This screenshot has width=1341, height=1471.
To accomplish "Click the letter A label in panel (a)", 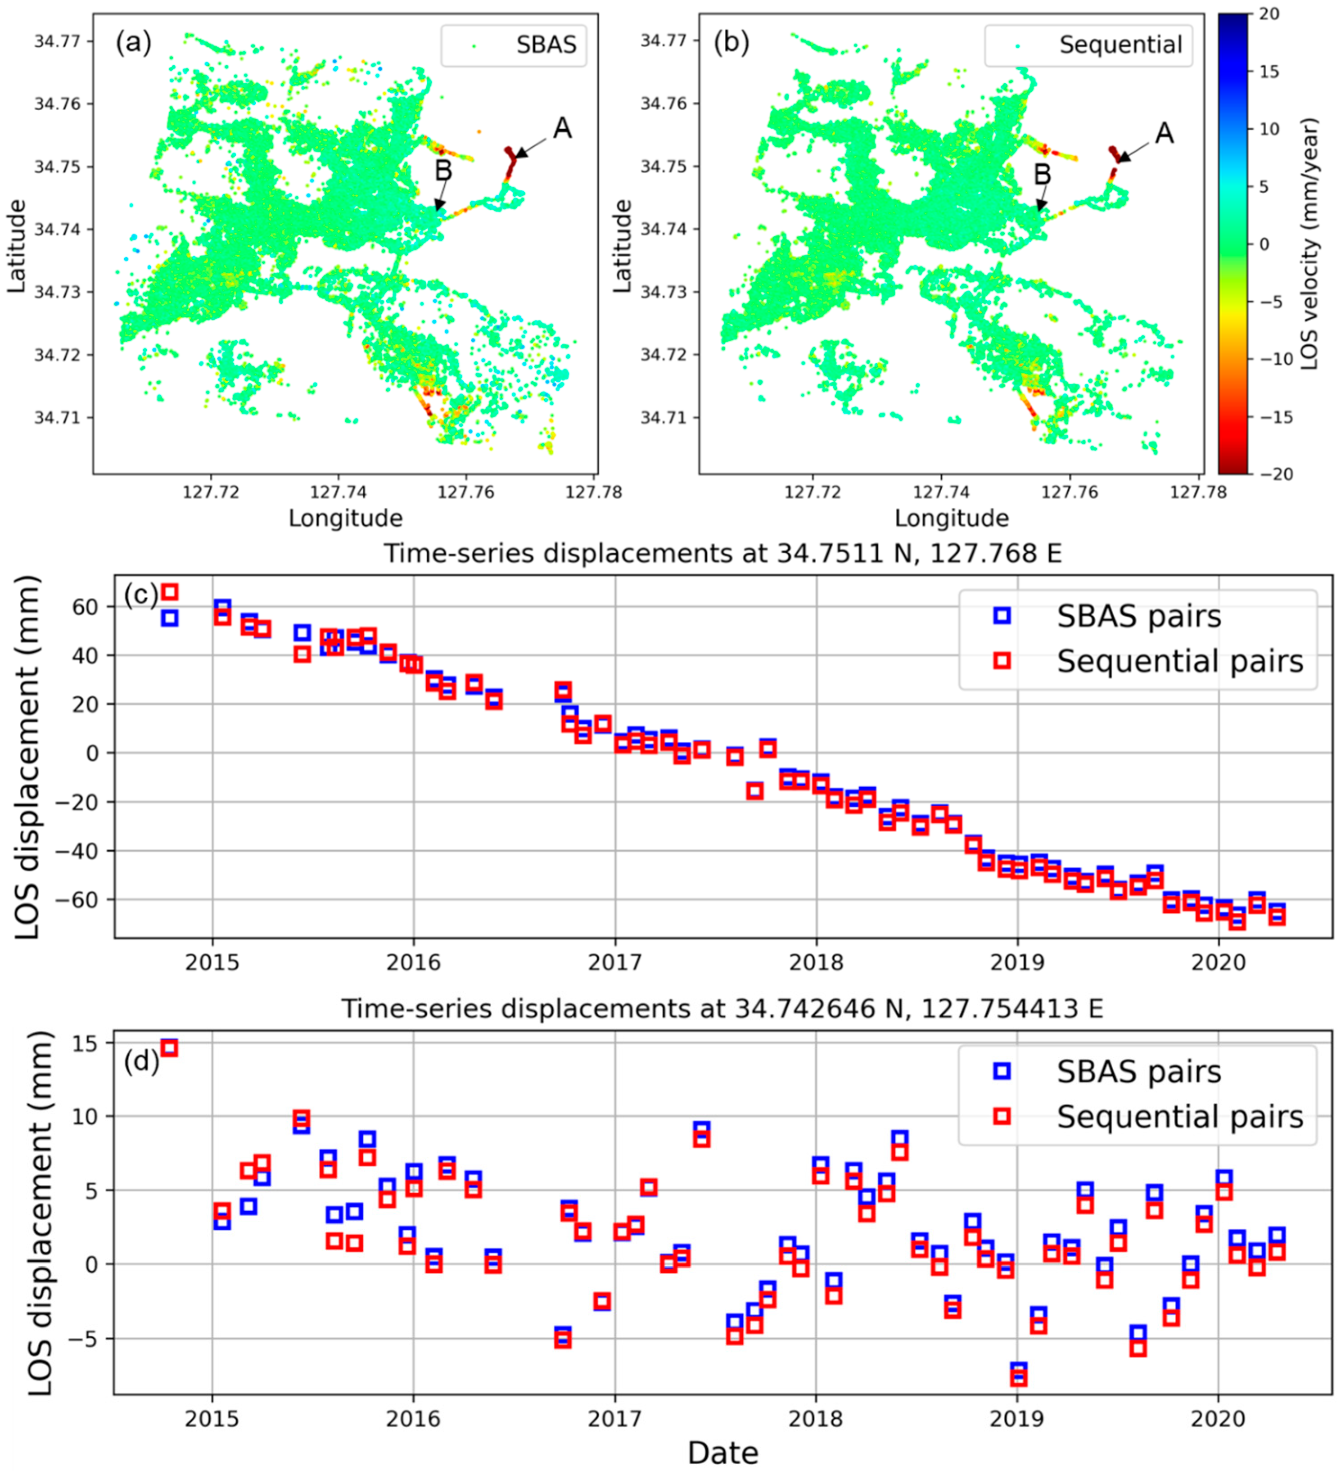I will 562,128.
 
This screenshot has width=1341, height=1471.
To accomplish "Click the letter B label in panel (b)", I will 1043,174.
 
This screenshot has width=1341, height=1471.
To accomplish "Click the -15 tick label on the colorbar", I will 1276,417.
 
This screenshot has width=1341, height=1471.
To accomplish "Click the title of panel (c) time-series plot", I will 722,553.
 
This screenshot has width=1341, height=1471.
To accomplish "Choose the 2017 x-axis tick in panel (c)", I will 614,962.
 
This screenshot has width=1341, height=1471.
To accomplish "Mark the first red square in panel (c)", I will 169,592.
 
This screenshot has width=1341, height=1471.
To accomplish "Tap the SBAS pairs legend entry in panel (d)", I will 1138,1071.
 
